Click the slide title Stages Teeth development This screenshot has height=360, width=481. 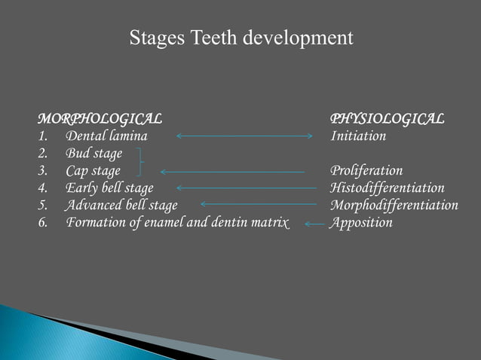click(240, 38)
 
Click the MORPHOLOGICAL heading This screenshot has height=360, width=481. click(100, 119)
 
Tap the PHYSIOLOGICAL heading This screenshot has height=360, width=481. click(387, 119)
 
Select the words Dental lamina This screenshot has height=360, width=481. click(106, 136)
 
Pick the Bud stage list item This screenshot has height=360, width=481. click(94, 154)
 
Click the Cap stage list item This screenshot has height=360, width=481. click(93, 171)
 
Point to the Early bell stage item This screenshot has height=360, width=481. click(109, 188)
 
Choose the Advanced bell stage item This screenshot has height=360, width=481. click(121, 205)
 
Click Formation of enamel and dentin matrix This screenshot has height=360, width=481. click(177, 223)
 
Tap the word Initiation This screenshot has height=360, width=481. click(358, 136)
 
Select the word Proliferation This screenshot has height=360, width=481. click(366, 171)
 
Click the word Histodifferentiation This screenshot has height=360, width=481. click(387, 188)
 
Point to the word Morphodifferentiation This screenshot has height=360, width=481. click(394, 205)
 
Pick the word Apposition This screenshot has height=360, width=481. click(361, 223)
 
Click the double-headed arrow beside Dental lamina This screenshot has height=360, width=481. click(244, 136)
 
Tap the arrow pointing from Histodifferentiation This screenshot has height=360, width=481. click(246, 188)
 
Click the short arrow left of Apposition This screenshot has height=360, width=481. click(314, 223)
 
